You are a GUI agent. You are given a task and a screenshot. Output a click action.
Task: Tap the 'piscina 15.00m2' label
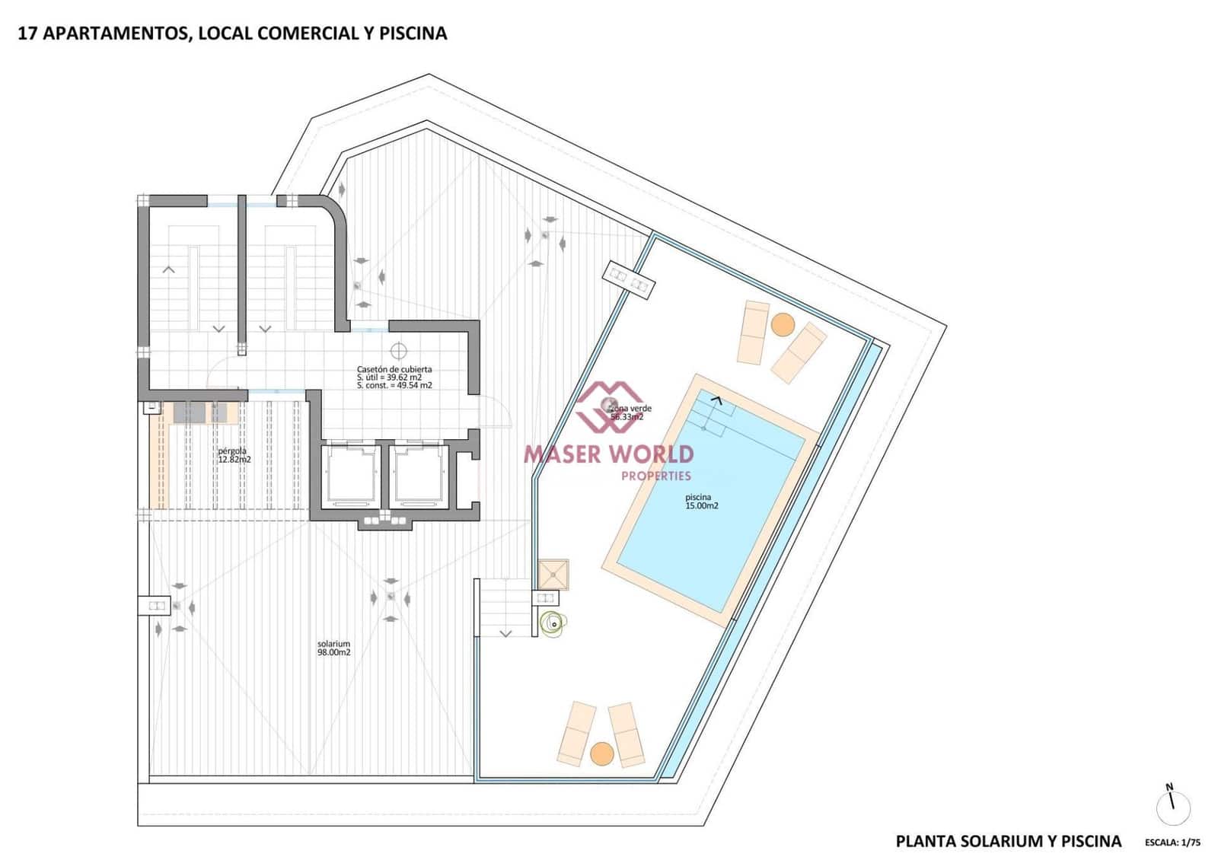click(701, 502)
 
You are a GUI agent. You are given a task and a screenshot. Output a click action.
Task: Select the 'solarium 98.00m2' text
click(333, 648)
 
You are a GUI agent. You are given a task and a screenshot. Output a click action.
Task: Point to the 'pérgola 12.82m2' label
click(234, 455)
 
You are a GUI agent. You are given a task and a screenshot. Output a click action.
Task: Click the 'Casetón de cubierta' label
click(394, 369)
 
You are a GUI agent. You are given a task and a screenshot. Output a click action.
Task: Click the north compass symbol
click(1172, 805)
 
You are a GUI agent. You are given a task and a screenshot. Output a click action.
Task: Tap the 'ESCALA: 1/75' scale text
click(1172, 842)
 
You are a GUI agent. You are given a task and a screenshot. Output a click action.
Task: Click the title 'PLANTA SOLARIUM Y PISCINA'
click(1008, 841)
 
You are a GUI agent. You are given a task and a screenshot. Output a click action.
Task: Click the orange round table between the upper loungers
click(783, 325)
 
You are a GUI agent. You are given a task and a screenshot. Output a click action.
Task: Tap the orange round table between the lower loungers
click(601, 753)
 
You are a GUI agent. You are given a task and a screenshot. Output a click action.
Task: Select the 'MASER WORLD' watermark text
click(608, 454)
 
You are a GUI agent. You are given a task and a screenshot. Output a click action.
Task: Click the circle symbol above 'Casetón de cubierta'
click(398, 350)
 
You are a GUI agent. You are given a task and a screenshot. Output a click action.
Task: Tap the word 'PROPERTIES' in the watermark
click(656, 476)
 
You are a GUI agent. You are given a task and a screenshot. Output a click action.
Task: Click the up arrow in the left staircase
click(169, 269)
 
